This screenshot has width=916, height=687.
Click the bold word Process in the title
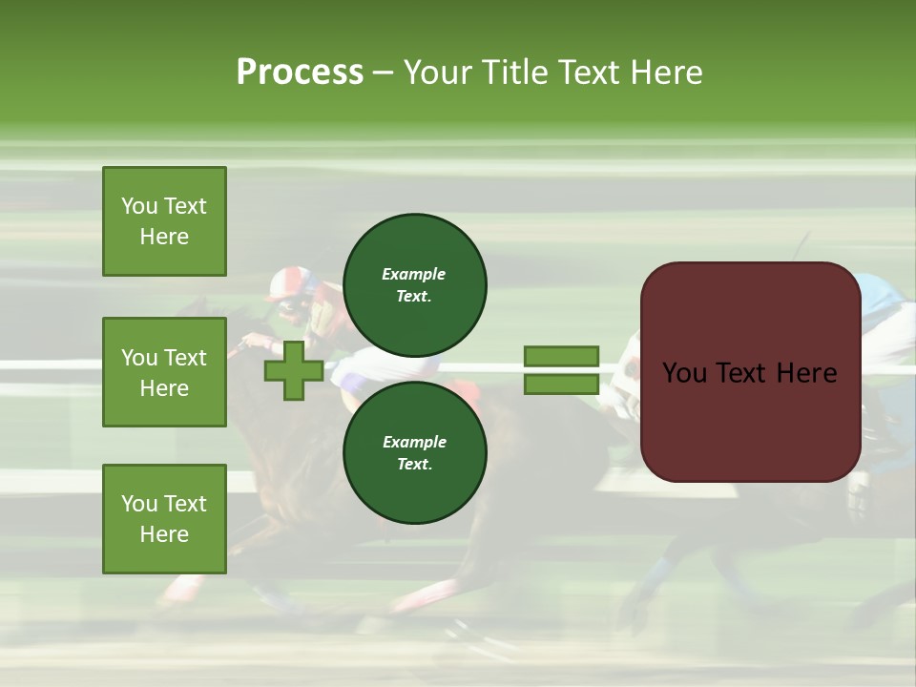pos(300,72)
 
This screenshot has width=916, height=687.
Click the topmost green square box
pos(164,221)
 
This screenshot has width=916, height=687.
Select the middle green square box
pos(164,372)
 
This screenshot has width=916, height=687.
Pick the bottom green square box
pos(164,519)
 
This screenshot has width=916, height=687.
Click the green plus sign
pos(293,371)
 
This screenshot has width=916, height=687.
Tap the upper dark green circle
pos(414,285)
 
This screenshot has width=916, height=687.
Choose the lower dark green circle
pos(414,453)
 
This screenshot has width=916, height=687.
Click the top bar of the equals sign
pos(561,356)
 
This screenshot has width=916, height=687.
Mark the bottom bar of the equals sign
pos(561,385)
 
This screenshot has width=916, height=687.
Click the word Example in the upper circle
pos(414,274)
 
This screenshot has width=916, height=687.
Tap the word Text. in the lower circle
pos(414,465)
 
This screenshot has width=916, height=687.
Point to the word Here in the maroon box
pos(807,373)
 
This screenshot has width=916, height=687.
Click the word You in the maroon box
pos(684,373)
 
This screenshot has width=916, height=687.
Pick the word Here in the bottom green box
pos(164,534)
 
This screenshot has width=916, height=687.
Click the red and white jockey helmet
pos(287,282)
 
